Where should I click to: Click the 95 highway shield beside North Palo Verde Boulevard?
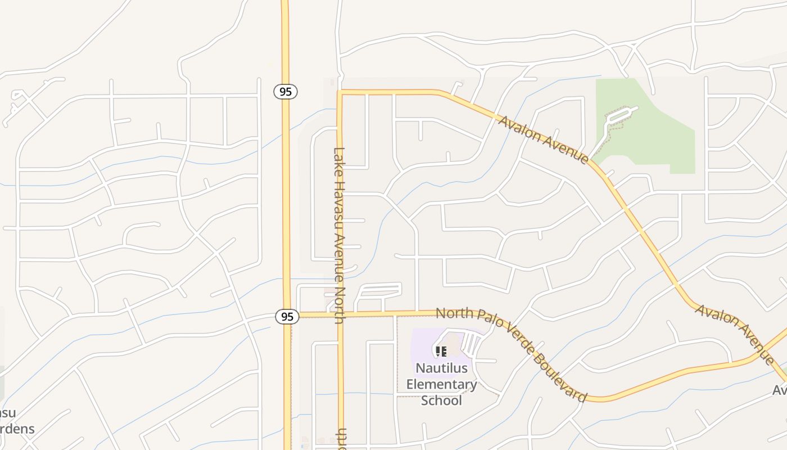(287, 317)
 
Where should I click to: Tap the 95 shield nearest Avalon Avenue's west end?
(286, 91)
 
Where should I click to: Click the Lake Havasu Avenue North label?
(339, 235)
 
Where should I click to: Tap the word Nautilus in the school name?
(441, 368)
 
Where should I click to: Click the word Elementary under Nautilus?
(441, 385)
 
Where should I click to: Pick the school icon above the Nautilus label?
(441, 352)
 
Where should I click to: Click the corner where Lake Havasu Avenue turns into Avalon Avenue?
(340, 91)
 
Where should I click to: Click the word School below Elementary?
(441, 400)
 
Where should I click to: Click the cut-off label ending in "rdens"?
(15, 429)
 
